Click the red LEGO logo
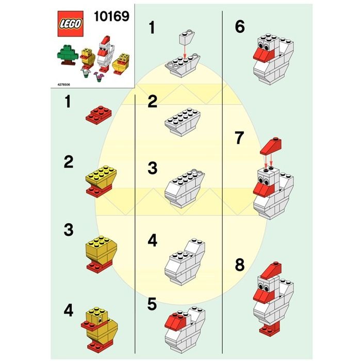point(70,24)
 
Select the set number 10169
point(112,17)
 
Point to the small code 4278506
point(63,85)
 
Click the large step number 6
point(240,26)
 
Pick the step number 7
point(239,138)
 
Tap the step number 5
point(152,304)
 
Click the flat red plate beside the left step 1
point(99,115)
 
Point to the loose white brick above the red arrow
point(187,37)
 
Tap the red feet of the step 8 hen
point(270,329)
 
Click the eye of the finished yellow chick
point(101,320)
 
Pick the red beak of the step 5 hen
point(176,321)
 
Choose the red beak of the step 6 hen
point(264,56)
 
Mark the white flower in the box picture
point(86,72)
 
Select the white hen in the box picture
point(105,54)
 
